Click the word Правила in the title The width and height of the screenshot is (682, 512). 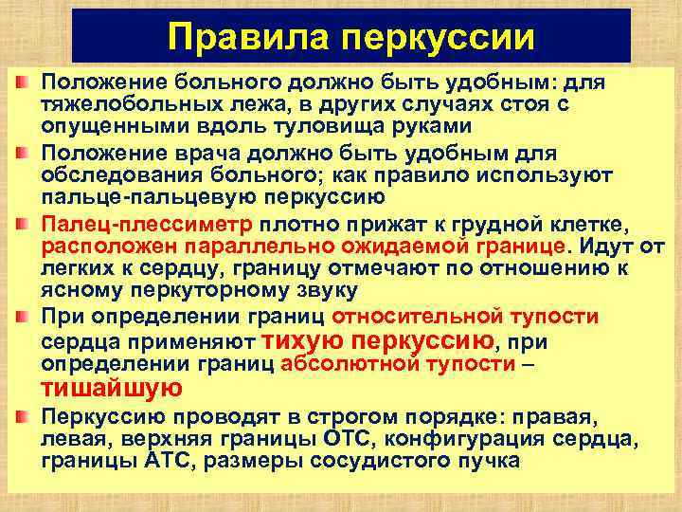tap(246, 37)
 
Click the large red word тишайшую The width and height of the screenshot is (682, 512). tap(111, 389)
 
